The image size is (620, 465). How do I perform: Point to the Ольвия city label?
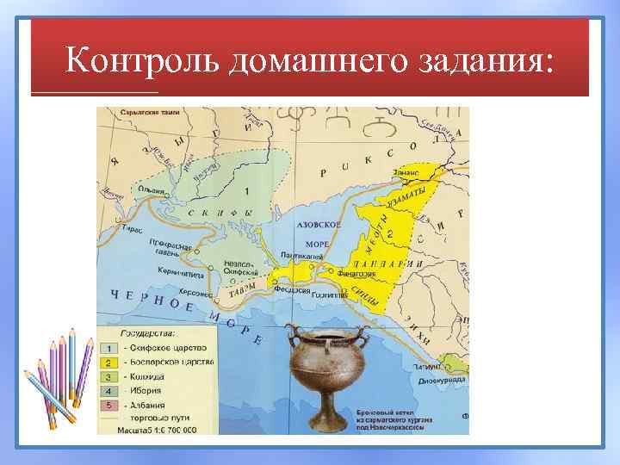pyautogui.click(x=149, y=189)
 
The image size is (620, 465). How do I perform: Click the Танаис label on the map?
pyautogui.click(x=406, y=172)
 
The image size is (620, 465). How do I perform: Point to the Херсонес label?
pyautogui.click(x=197, y=293)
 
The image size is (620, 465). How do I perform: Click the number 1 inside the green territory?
pyautogui.click(x=247, y=191)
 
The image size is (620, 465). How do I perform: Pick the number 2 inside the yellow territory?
pyautogui.click(x=390, y=234)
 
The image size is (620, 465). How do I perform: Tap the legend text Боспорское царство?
pyautogui.click(x=171, y=363)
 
